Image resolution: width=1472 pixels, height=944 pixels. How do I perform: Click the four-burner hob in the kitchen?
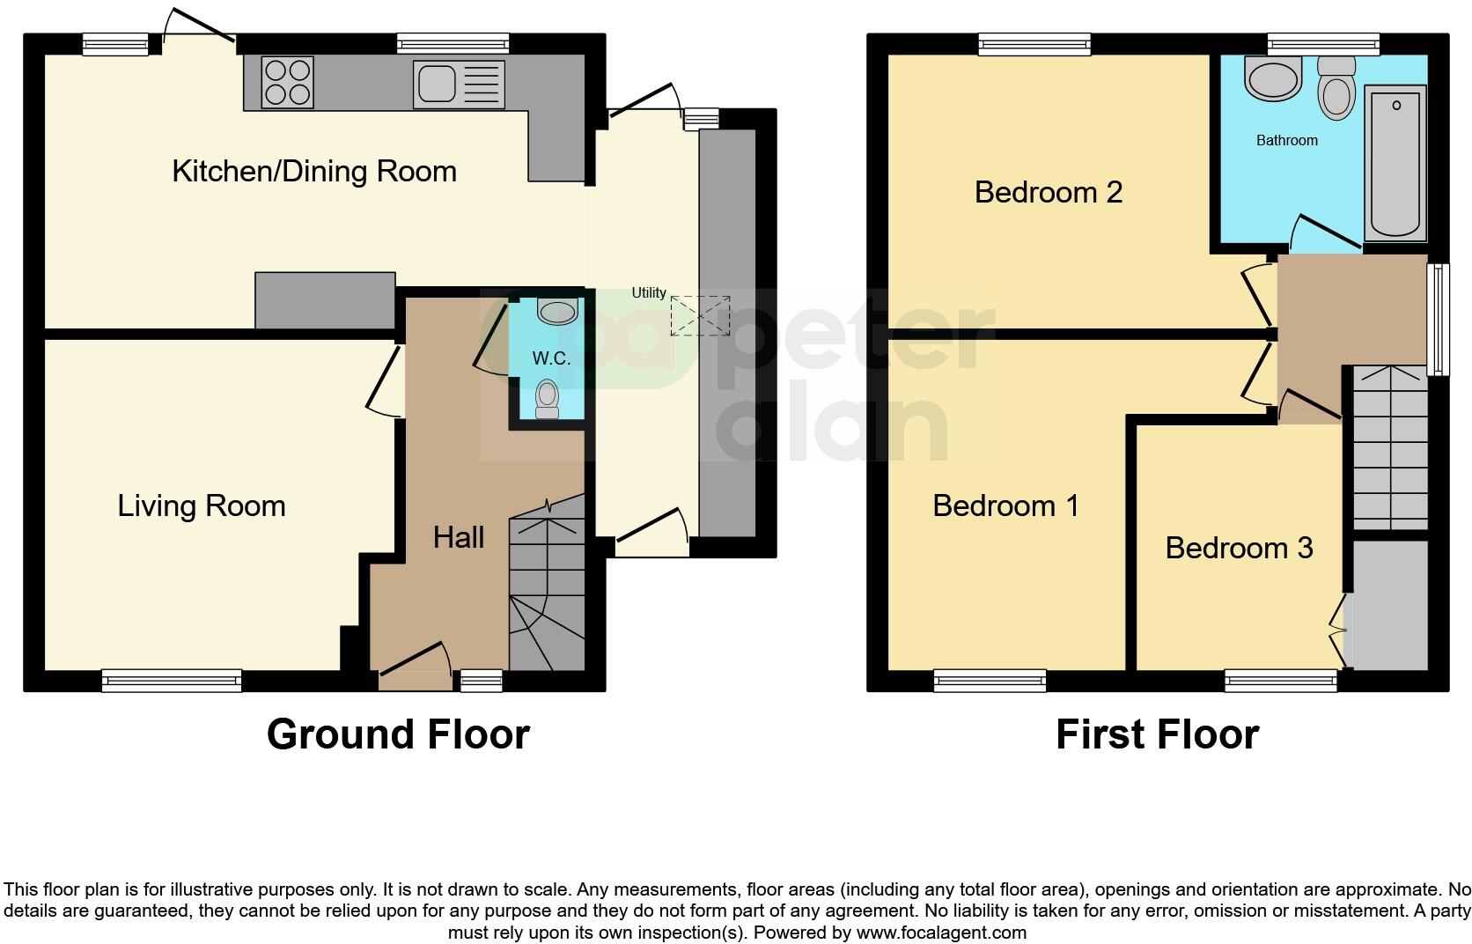[288, 82]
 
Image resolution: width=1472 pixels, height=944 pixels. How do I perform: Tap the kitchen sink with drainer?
[458, 84]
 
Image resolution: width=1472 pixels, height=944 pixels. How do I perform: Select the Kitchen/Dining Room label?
[314, 171]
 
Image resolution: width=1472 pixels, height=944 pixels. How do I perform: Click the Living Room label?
[202, 505]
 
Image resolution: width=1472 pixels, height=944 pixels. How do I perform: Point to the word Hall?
[459, 537]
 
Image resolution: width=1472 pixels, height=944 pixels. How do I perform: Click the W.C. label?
[551, 358]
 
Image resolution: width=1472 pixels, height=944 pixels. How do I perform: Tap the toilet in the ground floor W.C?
[548, 399]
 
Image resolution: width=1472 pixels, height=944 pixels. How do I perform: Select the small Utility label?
[649, 293]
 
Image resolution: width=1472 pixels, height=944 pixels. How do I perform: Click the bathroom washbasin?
[1271, 78]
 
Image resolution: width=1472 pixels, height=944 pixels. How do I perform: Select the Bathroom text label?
[1286, 140]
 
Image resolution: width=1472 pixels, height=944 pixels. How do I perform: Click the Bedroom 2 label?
[1048, 192]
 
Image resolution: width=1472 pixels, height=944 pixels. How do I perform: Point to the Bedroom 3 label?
[1239, 548]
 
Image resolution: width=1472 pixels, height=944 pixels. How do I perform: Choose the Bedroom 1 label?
[1005, 505]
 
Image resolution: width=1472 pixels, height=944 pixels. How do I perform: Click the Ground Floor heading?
[398, 734]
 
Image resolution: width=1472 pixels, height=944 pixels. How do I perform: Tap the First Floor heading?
[1157, 734]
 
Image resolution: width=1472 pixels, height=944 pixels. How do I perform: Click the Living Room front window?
[171, 679]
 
